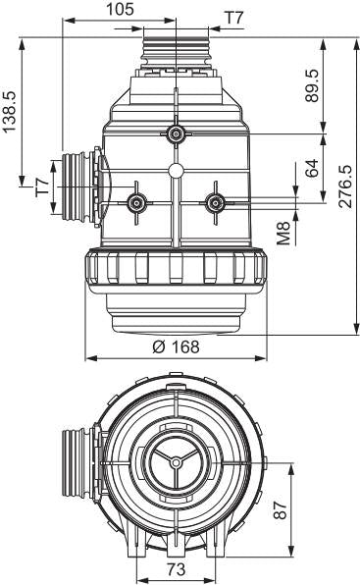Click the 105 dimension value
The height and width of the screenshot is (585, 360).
[120, 9]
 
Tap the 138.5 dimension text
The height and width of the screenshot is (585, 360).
[9, 112]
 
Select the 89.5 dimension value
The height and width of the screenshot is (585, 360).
[312, 85]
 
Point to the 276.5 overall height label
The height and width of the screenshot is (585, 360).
[345, 186]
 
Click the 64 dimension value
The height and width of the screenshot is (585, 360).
[312, 168]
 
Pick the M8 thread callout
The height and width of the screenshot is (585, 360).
[283, 233]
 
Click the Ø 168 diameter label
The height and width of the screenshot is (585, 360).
[176, 346]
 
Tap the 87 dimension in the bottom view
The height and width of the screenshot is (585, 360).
[281, 510]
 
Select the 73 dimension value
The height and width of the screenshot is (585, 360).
[176, 569]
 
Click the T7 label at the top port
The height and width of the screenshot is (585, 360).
[233, 18]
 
